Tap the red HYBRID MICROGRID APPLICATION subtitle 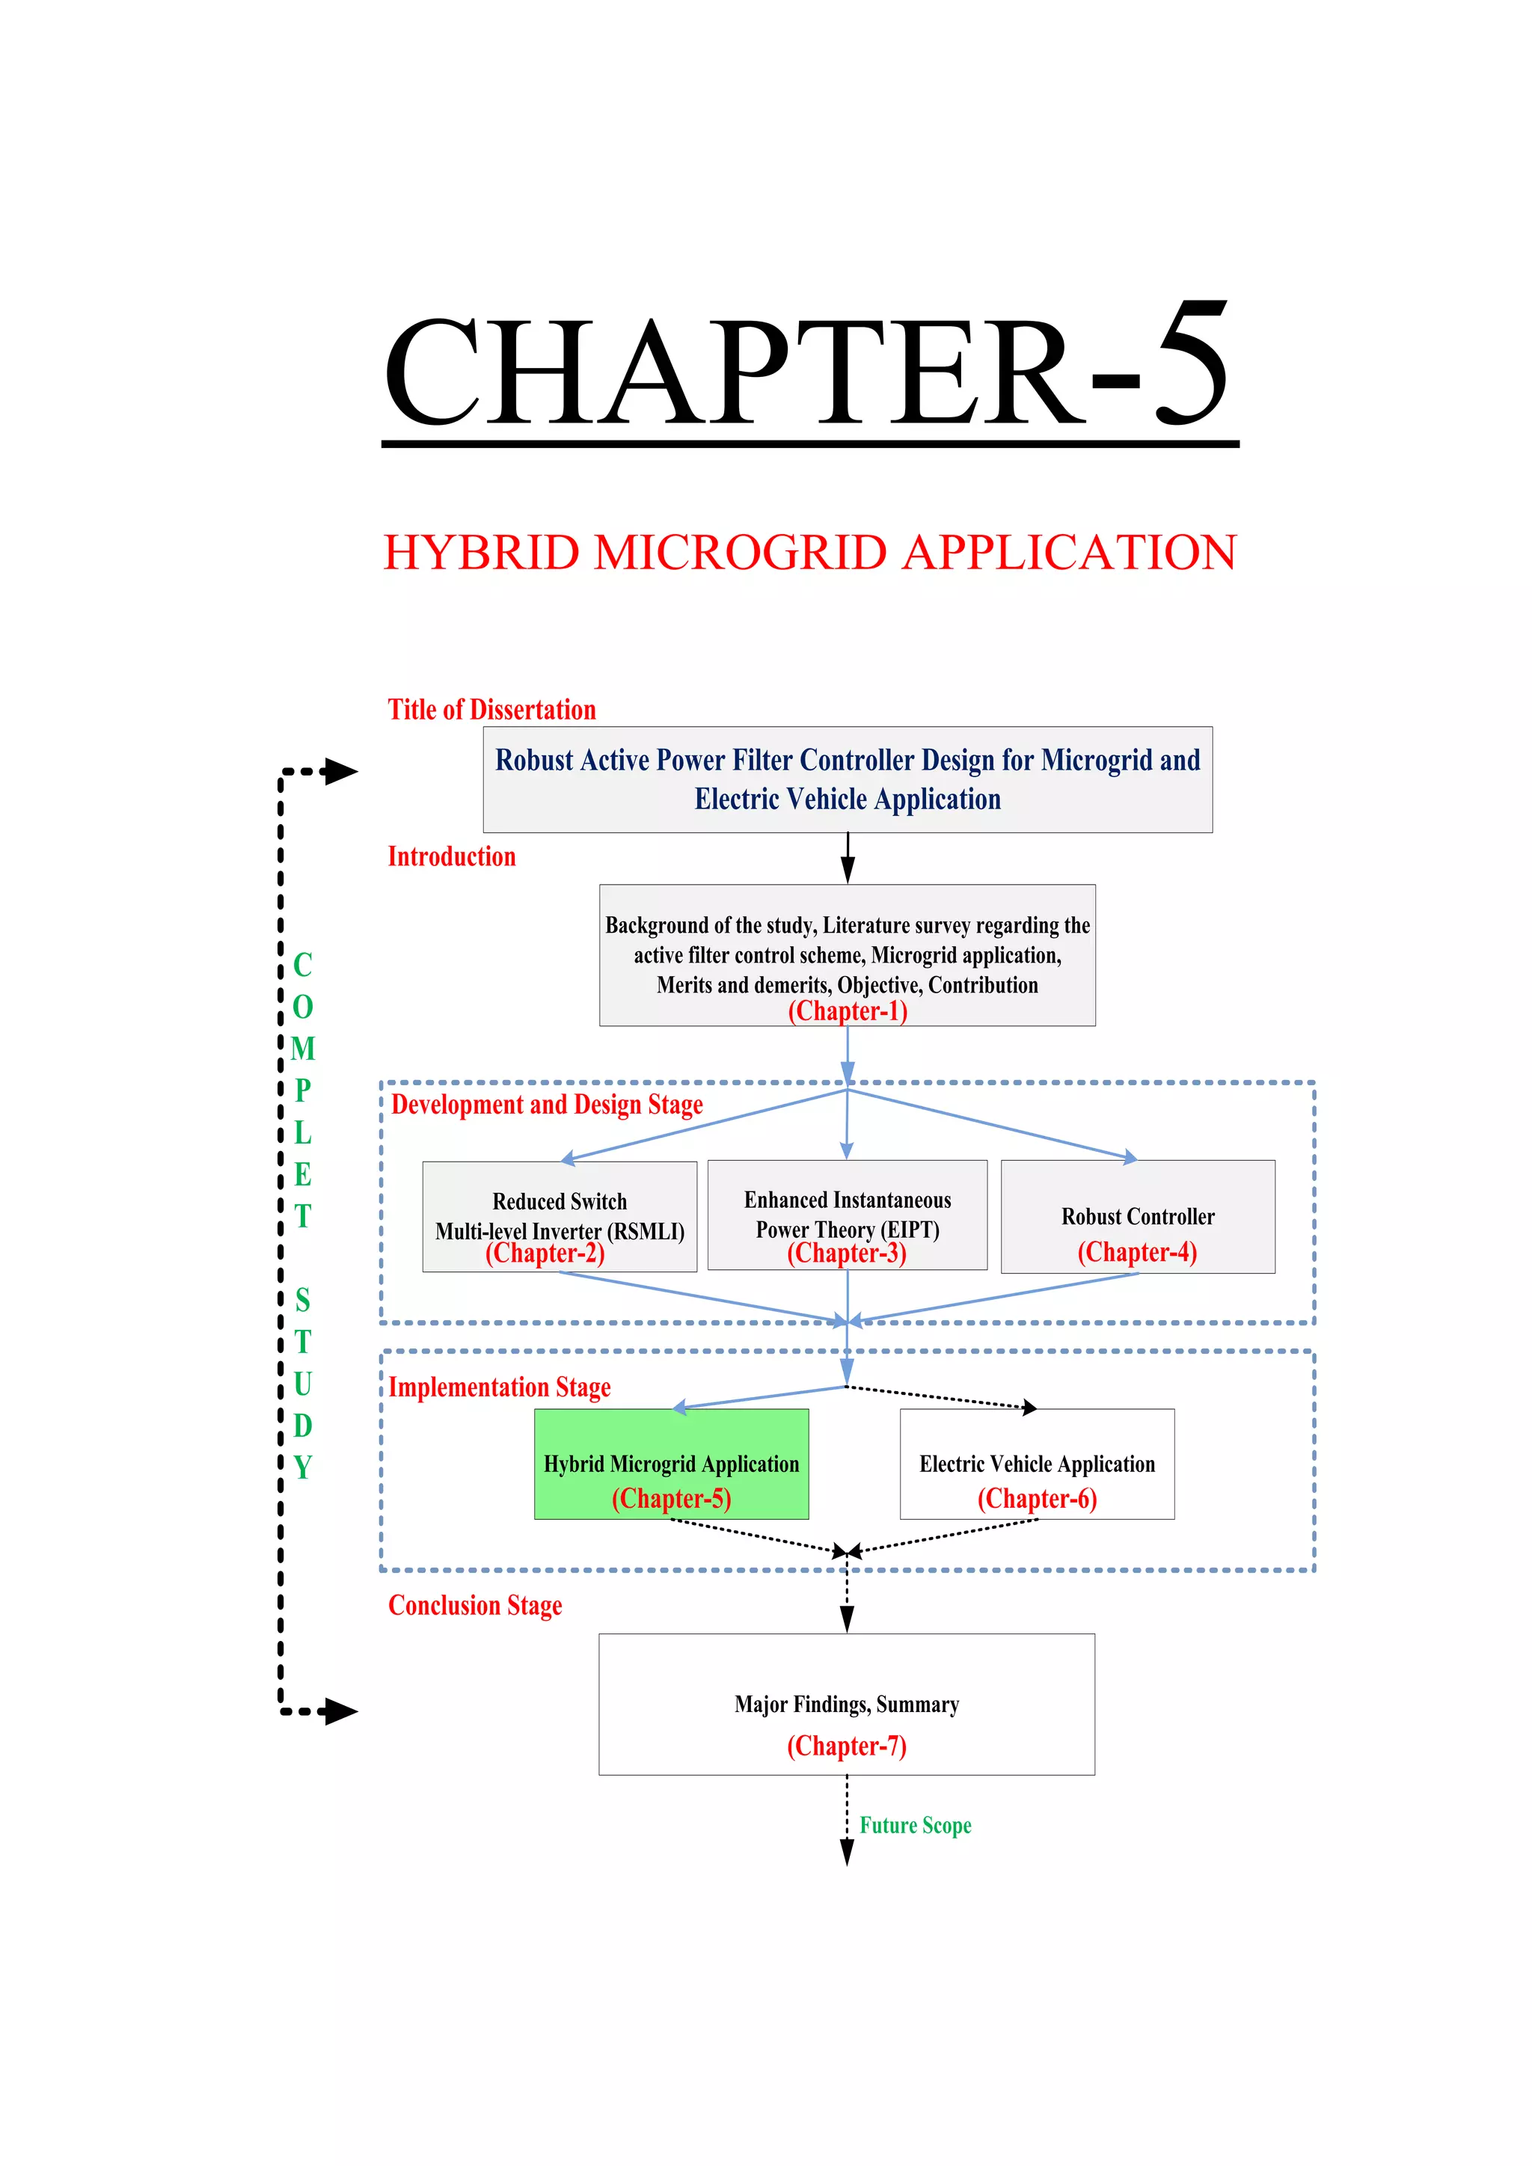(x=809, y=553)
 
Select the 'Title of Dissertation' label (x=491, y=710)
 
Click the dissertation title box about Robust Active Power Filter (x=847, y=779)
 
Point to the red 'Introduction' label (x=452, y=856)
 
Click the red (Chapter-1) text (x=847, y=1011)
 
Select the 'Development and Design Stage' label (x=546, y=1105)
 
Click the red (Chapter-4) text (x=1137, y=1252)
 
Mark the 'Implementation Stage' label (x=499, y=1387)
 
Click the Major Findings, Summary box (x=846, y=1705)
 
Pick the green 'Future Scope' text (x=914, y=1826)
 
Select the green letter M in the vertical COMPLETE (x=303, y=1048)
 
